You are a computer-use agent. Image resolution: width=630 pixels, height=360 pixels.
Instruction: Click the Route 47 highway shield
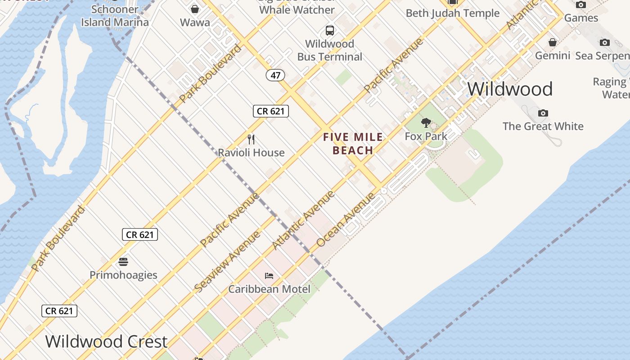[275, 75]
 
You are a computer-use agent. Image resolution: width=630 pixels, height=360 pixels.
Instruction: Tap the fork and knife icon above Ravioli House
[251, 139]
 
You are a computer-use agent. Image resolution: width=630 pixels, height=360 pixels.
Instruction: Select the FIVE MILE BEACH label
[353, 144]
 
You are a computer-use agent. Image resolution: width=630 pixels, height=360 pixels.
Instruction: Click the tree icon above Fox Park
[426, 122]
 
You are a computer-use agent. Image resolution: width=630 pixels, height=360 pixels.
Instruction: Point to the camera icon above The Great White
[543, 113]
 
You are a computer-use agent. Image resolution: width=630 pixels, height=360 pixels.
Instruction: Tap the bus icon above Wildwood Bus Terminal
[330, 31]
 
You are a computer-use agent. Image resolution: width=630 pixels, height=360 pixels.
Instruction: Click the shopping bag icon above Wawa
[195, 9]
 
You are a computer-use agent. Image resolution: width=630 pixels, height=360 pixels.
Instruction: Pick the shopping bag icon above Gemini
[553, 42]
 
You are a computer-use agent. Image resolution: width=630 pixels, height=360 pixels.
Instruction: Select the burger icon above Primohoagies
[123, 261]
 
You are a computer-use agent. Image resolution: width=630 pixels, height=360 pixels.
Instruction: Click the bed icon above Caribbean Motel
[269, 275]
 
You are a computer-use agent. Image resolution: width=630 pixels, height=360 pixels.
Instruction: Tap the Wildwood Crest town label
[107, 342]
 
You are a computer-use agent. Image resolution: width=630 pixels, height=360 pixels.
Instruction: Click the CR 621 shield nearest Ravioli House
[270, 111]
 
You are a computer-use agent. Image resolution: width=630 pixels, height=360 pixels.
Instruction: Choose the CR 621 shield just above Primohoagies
[139, 234]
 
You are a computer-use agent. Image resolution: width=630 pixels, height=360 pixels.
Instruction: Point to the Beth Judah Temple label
[453, 13]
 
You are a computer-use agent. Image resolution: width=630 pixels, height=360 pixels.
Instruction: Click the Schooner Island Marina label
[115, 16]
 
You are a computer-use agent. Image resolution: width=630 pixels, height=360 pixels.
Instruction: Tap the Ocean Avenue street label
[346, 220]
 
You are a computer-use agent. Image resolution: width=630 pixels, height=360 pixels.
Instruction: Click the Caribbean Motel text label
[269, 289]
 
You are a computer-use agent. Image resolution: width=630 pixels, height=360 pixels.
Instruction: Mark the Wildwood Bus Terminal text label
[330, 50]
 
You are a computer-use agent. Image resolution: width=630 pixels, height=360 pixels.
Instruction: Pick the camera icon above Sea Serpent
[605, 42]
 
